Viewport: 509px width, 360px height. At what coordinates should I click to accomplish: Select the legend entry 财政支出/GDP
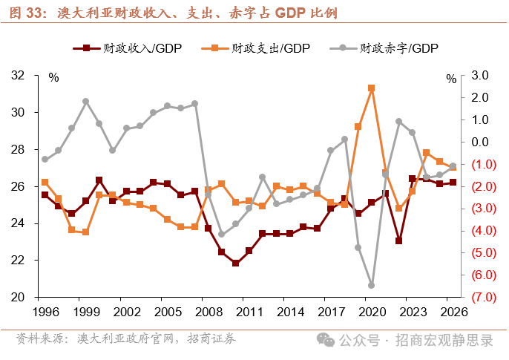coord(255,48)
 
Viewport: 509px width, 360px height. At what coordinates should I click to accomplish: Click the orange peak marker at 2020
coord(371,88)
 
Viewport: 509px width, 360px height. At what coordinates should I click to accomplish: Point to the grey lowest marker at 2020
coord(371,285)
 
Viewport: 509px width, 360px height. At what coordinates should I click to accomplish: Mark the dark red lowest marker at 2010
coord(235,264)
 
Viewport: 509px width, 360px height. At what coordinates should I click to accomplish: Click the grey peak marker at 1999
coord(85,101)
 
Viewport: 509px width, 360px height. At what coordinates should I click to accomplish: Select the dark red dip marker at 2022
coord(398,241)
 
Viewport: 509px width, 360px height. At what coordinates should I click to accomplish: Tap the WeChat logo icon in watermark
coord(325,340)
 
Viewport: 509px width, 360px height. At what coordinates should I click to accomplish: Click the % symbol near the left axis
coord(53,77)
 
